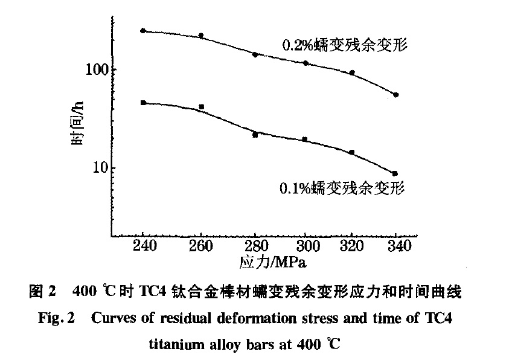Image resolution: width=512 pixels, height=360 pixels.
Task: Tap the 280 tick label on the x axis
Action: click(x=255, y=247)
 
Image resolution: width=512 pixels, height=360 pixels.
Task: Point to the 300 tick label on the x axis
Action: click(x=306, y=247)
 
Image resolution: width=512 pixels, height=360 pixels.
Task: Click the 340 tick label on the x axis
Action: click(x=398, y=247)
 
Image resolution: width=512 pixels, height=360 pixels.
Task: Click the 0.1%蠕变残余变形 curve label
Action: click(x=341, y=188)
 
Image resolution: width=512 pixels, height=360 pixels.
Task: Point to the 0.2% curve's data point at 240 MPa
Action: click(x=143, y=30)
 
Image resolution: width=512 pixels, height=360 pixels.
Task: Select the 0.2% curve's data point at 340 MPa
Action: click(x=395, y=95)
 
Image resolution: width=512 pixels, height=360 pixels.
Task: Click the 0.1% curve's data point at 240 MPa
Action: click(x=143, y=103)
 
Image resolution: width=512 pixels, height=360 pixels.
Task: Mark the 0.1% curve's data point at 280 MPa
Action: click(x=255, y=135)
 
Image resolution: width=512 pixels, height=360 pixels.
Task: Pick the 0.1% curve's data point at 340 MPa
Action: click(x=395, y=173)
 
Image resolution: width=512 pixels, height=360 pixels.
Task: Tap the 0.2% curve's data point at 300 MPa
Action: click(x=306, y=63)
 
